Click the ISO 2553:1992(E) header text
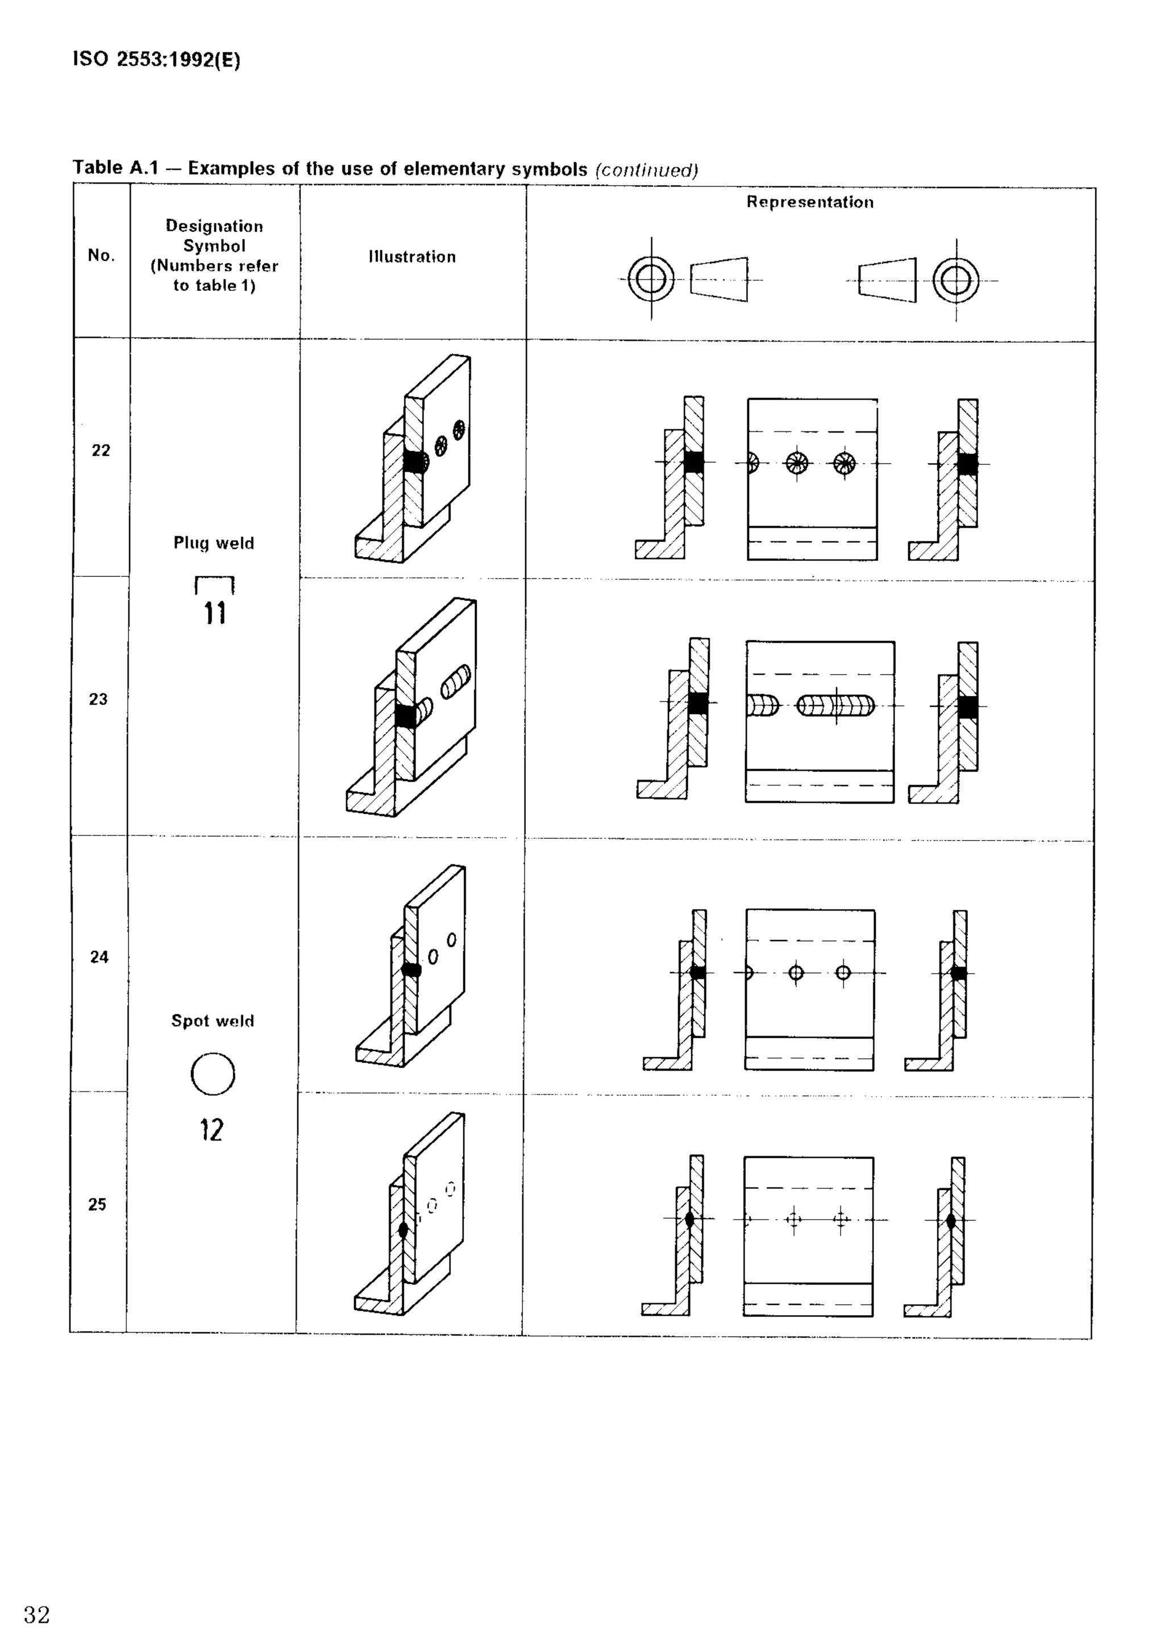pyautogui.click(x=156, y=59)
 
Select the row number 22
pyautogui.click(x=101, y=451)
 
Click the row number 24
pyautogui.click(x=99, y=957)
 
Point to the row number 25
pyautogui.click(x=97, y=1204)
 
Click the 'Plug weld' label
pyautogui.click(x=214, y=543)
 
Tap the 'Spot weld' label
pyautogui.click(x=213, y=1021)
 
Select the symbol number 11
pyautogui.click(x=214, y=614)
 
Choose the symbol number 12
pyautogui.click(x=211, y=1130)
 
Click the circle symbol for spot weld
pyautogui.click(x=213, y=1074)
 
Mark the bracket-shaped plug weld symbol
pyautogui.click(x=214, y=585)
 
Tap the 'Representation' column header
pyautogui.click(x=810, y=202)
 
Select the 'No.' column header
pyautogui.click(x=101, y=255)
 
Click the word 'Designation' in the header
pyautogui.click(x=214, y=226)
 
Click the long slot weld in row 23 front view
pyautogui.click(x=835, y=706)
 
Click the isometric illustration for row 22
pyautogui.click(x=413, y=459)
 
